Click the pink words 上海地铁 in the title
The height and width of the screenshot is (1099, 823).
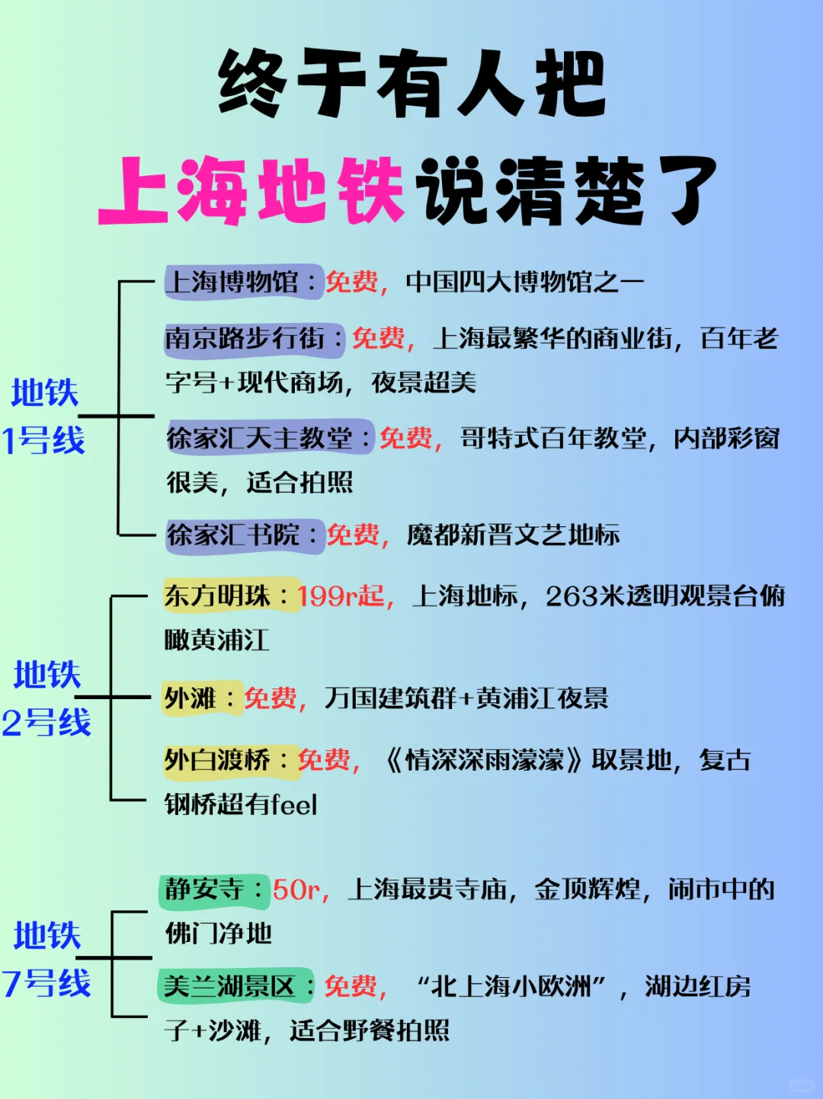coord(251,190)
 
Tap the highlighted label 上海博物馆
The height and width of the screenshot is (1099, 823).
coord(233,282)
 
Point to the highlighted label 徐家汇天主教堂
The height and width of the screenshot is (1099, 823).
coord(260,438)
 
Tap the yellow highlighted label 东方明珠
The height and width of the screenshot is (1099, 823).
coord(218,596)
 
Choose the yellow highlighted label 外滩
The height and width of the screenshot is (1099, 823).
coord(191,698)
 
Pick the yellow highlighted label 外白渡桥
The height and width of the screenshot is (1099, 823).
coord(218,759)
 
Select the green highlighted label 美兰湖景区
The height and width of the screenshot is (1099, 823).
coord(229,986)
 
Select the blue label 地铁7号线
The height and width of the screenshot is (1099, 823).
coord(46,959)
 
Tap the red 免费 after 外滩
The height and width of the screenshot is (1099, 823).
coord(271,698)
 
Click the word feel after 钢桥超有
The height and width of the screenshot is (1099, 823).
coord(293,804)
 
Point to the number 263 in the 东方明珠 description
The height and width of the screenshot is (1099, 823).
coord(572,596)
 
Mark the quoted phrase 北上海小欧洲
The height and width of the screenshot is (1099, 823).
coord(511,986)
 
